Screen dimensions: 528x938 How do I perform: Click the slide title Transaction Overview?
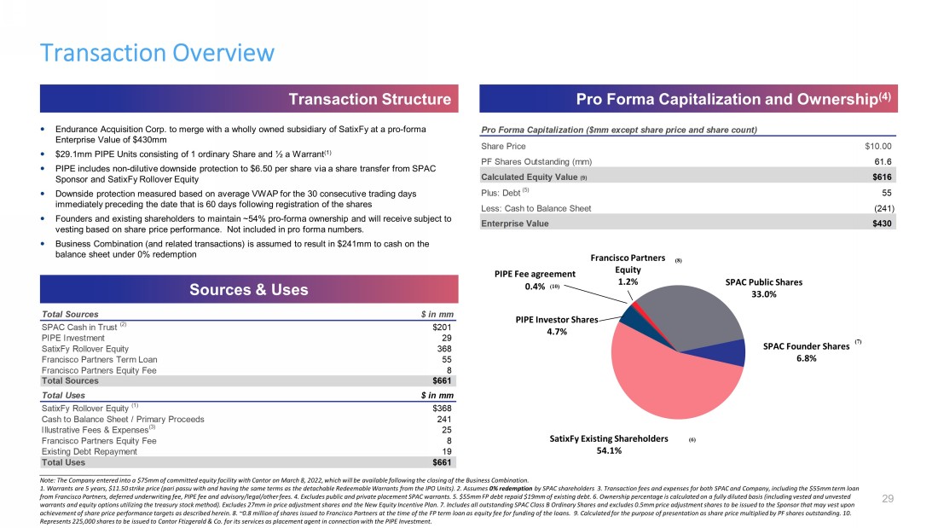pos(158,53)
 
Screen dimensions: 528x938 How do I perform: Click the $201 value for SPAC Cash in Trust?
pos(441,327)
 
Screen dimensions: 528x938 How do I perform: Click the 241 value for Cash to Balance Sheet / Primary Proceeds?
pos(443,419)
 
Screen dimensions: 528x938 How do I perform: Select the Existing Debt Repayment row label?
pos(89,451)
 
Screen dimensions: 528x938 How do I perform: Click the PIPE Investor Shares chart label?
pos(556,319)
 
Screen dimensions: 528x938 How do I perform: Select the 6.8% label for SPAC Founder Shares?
pos(806,359)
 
